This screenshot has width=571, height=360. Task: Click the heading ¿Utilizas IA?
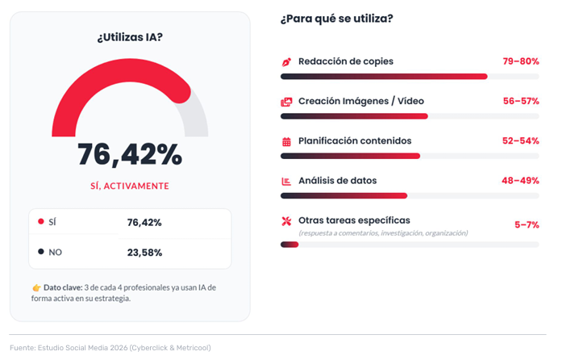[x=130, y=37]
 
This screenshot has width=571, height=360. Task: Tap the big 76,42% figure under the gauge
[x=130, y=154]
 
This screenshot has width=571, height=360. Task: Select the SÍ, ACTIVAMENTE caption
[x=130, y=186]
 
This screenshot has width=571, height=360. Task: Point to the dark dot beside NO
[x=41, y=252]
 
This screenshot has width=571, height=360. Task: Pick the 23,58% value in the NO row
[x=144, y=252]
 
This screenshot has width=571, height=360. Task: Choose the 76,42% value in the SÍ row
[x=144, y=222]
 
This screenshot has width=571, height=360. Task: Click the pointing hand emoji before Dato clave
[x=36, y=287]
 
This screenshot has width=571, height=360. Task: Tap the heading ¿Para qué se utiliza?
[x=336, y=18]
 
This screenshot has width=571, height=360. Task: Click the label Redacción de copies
[x=346, y=61]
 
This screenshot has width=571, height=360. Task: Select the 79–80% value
[x=520, y=61]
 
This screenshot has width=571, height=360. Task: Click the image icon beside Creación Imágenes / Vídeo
[x=286, y=102]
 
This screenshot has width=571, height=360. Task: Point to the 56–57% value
[x=520, y=101]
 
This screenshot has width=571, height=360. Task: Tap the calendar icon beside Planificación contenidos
[x=286, y=141]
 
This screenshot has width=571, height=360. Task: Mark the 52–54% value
[x=520, y=140]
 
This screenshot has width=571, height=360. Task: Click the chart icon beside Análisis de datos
[x=286, y=181]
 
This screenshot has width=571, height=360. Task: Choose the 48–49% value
[x=520, y=180]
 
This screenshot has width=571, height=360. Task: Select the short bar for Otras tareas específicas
[x=290, y=245]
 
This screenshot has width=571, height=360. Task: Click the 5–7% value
[x=527, y=224]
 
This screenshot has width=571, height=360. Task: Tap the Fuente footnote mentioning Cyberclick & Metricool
[x=110, y=348]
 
